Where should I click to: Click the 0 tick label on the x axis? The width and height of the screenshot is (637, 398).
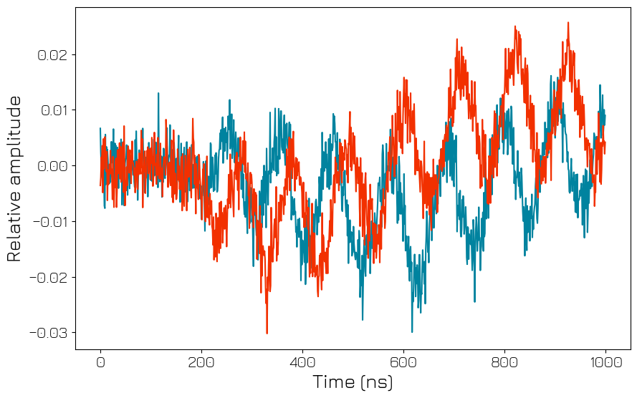tap(100, 362)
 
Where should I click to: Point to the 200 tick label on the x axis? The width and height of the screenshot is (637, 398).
tap(201, 362)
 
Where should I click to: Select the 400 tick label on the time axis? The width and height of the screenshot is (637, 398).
tap(302, 362)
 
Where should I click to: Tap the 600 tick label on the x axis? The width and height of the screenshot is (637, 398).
tap(403, 362)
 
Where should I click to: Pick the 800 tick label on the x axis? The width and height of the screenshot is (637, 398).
tap(504, 362)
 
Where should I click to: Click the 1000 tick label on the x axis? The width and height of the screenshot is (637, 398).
tap(605, 362)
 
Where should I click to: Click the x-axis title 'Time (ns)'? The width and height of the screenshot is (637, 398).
tap(353, 382)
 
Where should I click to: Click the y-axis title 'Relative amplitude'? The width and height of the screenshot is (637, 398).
tap(14, 178)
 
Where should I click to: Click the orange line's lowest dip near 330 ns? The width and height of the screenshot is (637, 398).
tap(267, 333)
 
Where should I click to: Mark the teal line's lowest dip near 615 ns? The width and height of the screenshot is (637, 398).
tap(412, 331)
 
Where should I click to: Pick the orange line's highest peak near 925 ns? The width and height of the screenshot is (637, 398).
tap(568, 22)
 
